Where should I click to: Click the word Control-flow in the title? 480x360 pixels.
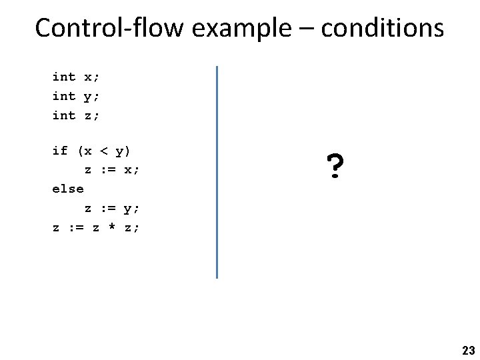coord(102,28)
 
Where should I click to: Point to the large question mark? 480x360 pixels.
coord(335,168)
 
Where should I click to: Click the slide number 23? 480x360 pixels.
coord(467,351)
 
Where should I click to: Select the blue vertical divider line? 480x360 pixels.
coord(217,171)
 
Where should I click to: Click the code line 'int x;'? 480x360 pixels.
coord(75,77)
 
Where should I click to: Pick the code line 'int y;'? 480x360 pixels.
coord(75,96)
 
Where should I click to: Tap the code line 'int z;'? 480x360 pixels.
coord(75,115)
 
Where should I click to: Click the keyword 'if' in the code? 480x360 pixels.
coord(60,151)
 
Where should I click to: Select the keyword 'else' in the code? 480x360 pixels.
coord(68,189)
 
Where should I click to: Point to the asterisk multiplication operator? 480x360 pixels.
coord(111,228)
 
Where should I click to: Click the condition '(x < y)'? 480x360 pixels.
coord(103,151)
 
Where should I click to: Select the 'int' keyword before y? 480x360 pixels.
coord(64,96)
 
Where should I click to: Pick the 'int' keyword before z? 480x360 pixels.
coord(64,115)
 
